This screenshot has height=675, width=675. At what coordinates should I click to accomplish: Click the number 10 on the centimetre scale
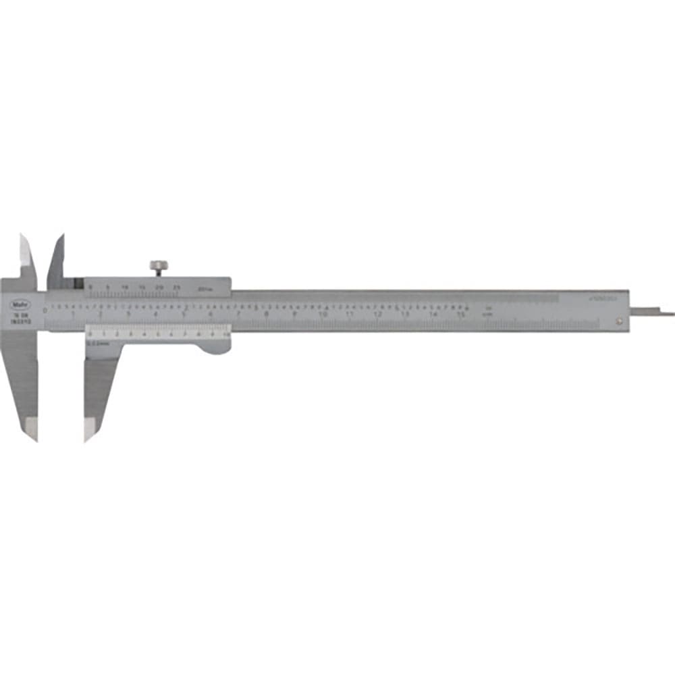(323, 315)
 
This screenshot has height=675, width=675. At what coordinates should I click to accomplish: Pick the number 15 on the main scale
(461, 315)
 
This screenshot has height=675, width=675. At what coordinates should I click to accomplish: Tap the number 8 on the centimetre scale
(267, 315)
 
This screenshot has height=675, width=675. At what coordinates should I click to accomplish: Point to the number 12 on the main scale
(378, 315)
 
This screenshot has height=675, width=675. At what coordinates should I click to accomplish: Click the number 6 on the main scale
(211, 315)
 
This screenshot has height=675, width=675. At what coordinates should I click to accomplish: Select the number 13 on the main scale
(406, 315)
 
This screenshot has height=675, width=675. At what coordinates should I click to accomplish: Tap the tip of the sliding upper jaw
(61, 237)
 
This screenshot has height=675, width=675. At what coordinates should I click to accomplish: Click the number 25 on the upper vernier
(177, 287)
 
